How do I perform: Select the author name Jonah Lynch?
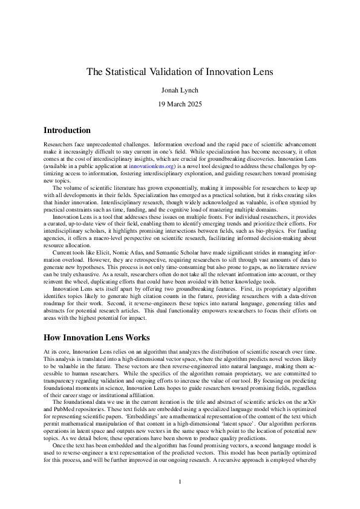(x=180, y=90)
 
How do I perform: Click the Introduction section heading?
(x=67, y=130)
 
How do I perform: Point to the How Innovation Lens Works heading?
(x=97, y=337)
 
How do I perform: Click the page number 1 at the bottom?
(x=180, y=481)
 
